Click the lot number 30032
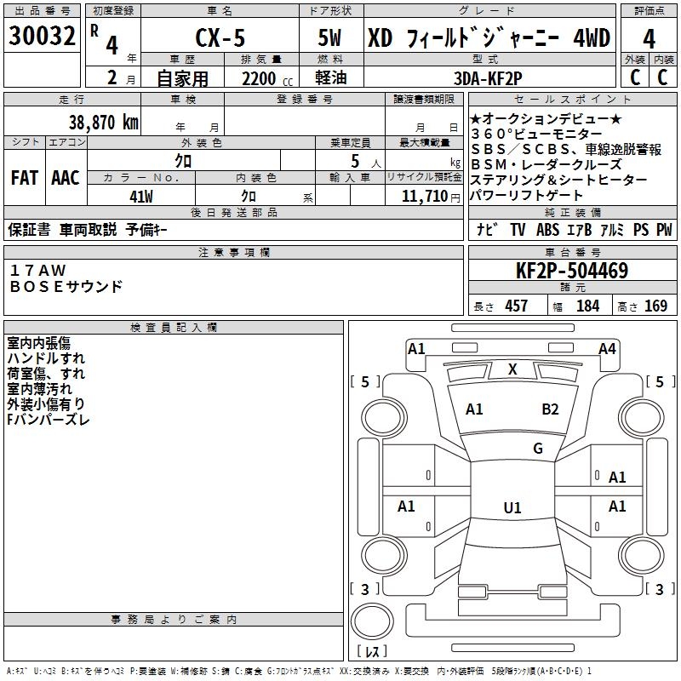point(42,35)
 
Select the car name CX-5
point(220,37)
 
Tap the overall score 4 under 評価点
point(649,38)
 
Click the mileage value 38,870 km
point(103,122)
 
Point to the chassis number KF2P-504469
point(572,270)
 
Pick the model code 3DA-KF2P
point(488,78)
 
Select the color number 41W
point(141,197)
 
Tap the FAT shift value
point(25,178)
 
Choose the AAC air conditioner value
point(66,178)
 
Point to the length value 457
point(516,306)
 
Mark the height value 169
point(655,306)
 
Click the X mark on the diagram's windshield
point(512,369)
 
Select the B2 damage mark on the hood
point(550,409)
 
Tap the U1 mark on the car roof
point(512,507)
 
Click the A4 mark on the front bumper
point(607,349)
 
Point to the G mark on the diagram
point(538,448)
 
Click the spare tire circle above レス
point(372,621)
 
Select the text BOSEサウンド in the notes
point(66,287)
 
